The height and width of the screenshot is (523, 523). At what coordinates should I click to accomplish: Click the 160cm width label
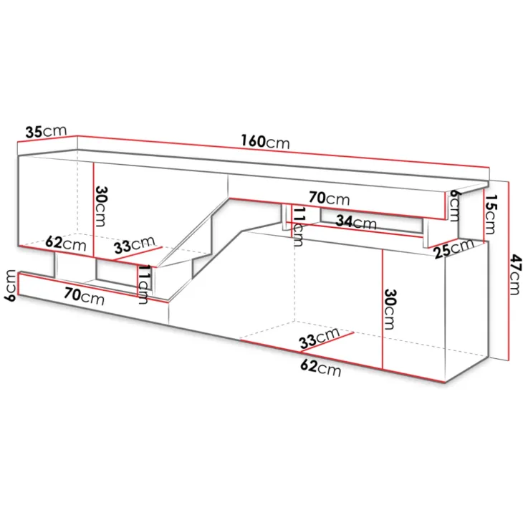[266, 142]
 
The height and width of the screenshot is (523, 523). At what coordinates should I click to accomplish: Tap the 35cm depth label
[46, 131]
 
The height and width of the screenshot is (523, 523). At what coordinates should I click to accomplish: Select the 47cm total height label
[515, 274]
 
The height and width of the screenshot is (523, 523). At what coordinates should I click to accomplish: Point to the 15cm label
[490, 214]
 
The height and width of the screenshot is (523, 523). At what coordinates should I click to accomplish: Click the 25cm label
[454, 248]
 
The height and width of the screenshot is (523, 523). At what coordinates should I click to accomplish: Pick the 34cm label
[356, 222]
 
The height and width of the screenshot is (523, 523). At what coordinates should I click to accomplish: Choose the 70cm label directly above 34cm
[330, 198]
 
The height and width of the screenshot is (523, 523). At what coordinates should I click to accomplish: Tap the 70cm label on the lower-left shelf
[84, 296]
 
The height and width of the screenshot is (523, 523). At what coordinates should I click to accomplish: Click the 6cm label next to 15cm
[454, 206]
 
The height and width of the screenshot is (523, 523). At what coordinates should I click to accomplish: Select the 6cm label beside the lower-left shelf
[11, 286]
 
